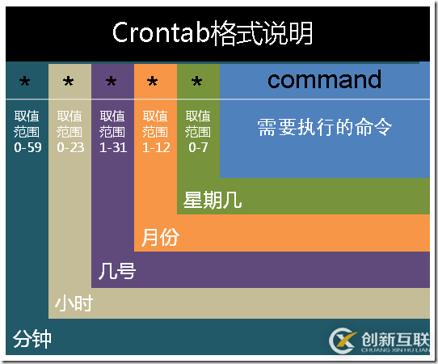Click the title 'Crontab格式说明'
[x=212, y=33]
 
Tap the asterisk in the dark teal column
[x=25, y=82]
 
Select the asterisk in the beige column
[x=69, y=82]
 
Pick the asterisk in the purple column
[x=112, y=82]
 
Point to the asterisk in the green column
[x=197, y=82]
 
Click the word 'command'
[x=324, y=79]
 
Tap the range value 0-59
[x=27, y=148]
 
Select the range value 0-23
[x=70, y=148]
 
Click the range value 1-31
[x=113, y=148]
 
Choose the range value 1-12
[x=156, y=148]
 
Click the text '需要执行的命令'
[x=324, y=127]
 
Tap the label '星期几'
[x=213, y=200]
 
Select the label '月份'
[x=160, y=237]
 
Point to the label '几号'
[x=116, y=270]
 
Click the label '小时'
[x=74, y=303]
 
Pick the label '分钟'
[x=32, y=338]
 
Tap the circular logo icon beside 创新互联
[x=343, y=341]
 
